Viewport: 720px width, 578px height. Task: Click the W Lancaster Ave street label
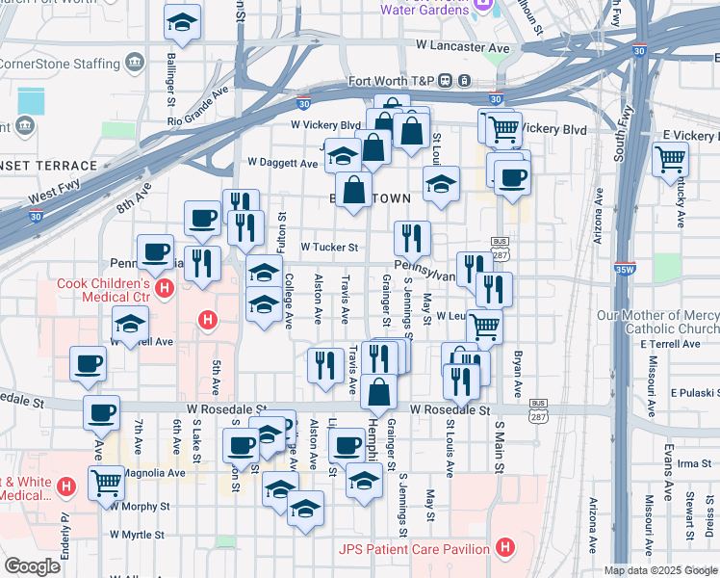463,46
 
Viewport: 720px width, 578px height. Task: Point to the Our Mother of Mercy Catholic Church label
657,322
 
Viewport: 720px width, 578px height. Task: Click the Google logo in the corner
32,566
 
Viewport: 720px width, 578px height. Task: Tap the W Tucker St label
329,248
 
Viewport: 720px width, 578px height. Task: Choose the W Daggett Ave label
282,163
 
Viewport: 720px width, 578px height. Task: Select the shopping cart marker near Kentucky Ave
670,158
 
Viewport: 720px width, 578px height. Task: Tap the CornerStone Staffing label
58,64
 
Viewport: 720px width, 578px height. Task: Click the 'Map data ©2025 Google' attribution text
660,569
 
